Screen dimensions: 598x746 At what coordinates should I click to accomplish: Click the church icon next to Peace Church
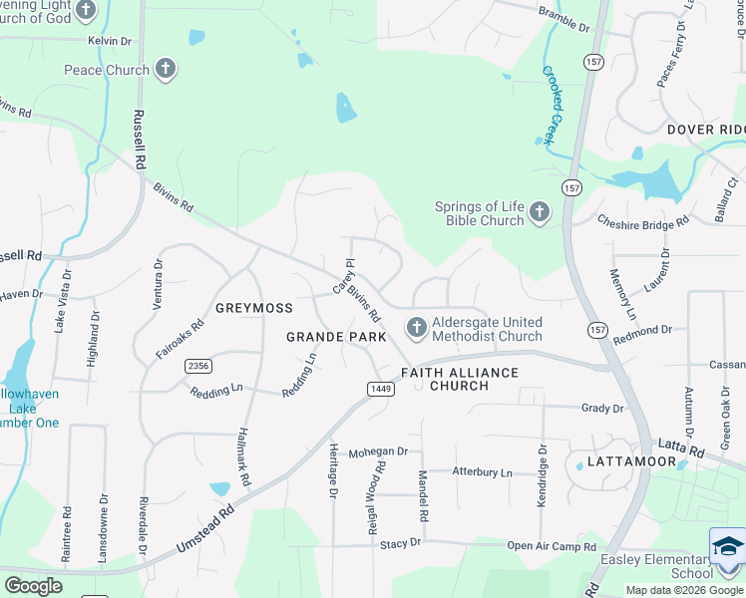[166, 70]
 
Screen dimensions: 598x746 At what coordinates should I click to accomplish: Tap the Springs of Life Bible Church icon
[540, 212]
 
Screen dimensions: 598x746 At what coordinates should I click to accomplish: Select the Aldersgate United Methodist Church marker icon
[416, 328]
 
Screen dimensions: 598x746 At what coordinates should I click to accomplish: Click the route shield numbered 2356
[197, 366]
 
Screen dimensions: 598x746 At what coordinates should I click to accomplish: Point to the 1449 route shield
[379, 389]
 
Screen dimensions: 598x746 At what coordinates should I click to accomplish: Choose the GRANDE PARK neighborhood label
[336, 338]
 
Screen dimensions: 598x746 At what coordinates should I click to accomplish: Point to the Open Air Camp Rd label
[551, 546]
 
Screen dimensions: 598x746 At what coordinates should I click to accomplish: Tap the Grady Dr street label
[602, 408]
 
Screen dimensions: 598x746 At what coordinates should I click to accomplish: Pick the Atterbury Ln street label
[482, 471]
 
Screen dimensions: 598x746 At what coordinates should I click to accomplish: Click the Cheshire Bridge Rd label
[642, 221]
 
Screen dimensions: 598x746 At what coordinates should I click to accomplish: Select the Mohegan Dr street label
[378, 451]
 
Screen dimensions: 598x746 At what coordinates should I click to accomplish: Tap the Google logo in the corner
[33, 586]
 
